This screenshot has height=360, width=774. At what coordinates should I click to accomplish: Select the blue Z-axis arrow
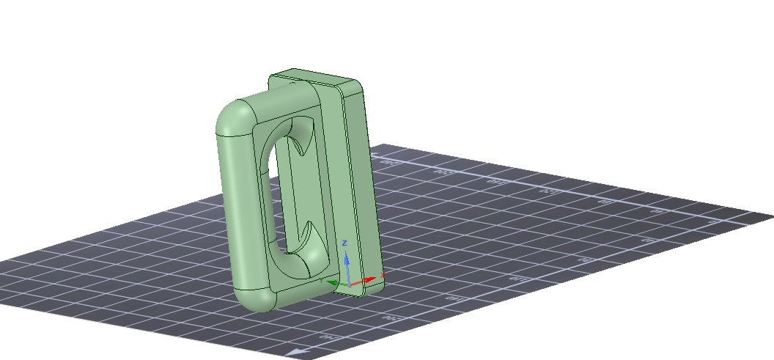tap(347, 262)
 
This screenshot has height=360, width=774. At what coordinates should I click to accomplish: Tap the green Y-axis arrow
tap(333, 282)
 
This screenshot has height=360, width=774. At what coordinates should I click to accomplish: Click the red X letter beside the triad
tap(383, 275)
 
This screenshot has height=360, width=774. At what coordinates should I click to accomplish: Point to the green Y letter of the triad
tap(321, 279)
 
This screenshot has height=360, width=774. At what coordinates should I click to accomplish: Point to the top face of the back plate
tap(315, 77)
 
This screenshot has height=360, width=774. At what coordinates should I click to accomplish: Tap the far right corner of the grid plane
tap(772, 216)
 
